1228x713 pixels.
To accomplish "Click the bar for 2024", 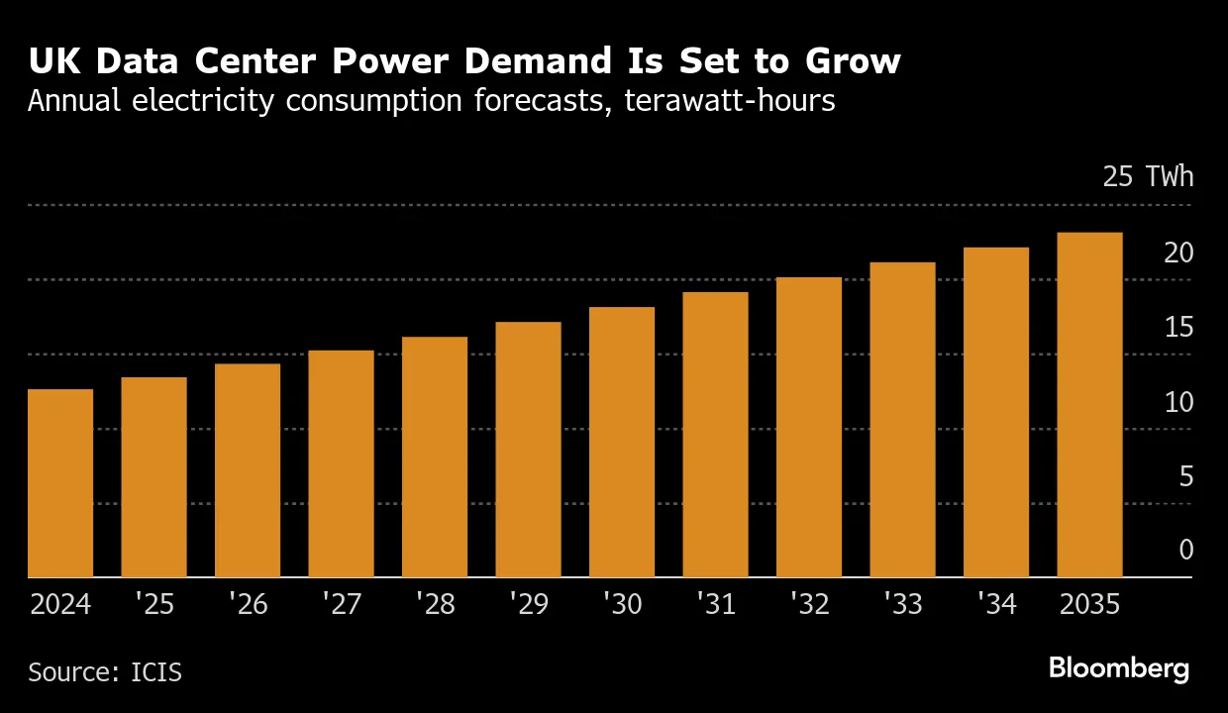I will coord(60,483).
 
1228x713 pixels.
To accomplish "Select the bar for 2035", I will coord(1089,405).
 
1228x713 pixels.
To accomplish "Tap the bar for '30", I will coord(622,442).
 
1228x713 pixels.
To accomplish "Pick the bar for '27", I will coord(341,463).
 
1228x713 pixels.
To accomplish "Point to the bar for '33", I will coord(902,420).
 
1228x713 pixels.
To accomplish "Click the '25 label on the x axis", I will coord(153,604).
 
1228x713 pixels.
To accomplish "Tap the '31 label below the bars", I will coord(715,604).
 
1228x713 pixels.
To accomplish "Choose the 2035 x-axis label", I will coord(1089,604).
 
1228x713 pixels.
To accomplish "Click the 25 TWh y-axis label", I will coord(1148,178).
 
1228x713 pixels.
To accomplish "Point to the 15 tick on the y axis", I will coord(1178,328).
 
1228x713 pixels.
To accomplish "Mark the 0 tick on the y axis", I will coord(1186,551).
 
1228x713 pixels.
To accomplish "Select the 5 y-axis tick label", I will coord(1186,477).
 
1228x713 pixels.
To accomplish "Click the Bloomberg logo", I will coord(1119,669).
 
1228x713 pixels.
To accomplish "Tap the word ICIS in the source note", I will coord(156,672).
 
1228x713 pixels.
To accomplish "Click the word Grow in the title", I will coord(851,61).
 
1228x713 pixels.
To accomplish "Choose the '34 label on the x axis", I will coord(995,604).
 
